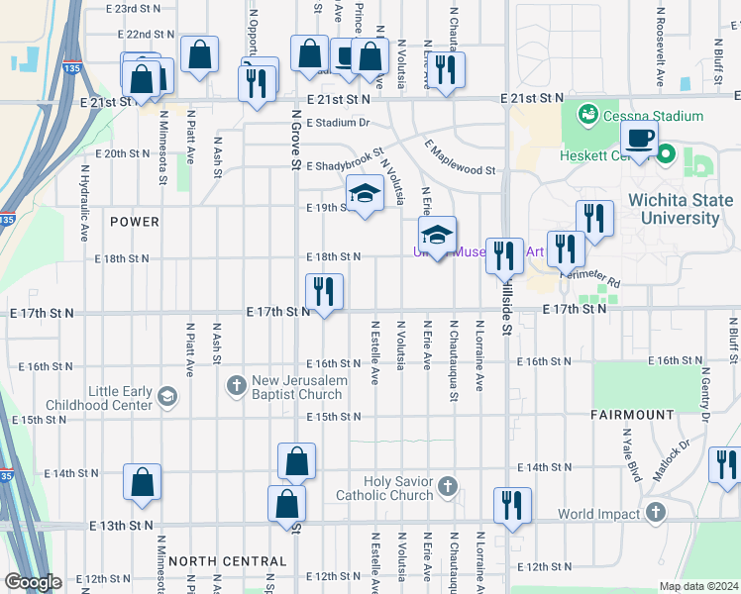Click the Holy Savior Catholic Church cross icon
[x=449, y=486]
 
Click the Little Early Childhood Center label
[x=119, y=399]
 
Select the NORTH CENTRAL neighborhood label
[x=228, y=560]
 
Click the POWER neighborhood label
[x=135, y=222]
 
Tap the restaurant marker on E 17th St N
[x=325, y=291]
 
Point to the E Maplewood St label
[x=461, y=157]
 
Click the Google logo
[x=32, y=582]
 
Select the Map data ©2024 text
[x=697, y=586]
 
